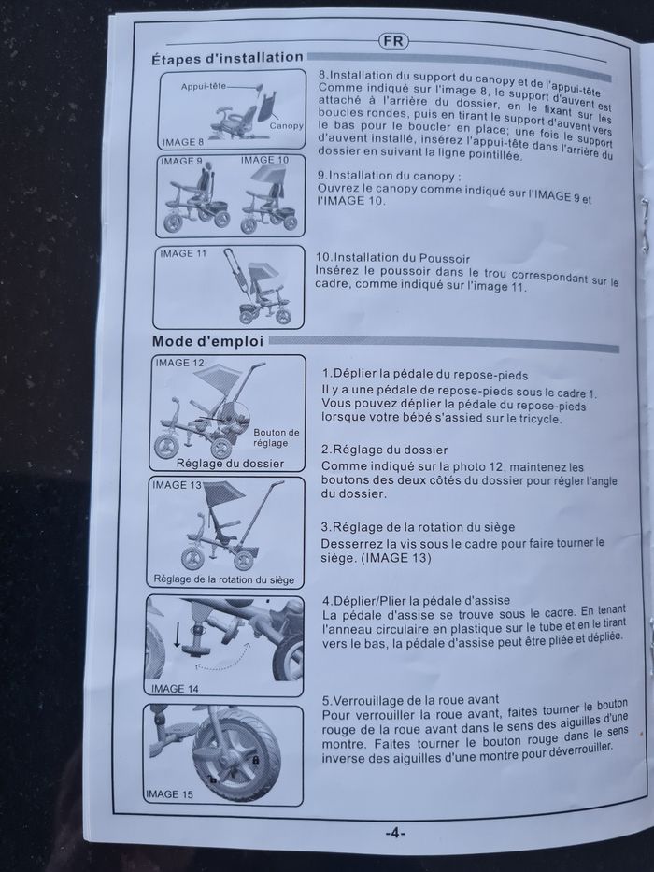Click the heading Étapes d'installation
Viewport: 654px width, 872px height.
pos(227,58)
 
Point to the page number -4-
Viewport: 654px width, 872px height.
pos(394,833)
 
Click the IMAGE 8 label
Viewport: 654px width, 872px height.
pos(182,142)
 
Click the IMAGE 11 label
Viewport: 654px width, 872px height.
pos(182,253)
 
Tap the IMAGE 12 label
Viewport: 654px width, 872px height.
pos(179,362)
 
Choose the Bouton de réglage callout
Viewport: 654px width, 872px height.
pos(277,437)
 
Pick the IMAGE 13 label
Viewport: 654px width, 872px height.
pos(177,484)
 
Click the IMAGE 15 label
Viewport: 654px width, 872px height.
pos(169,793)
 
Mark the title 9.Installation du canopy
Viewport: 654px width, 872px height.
pos(390,175)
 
